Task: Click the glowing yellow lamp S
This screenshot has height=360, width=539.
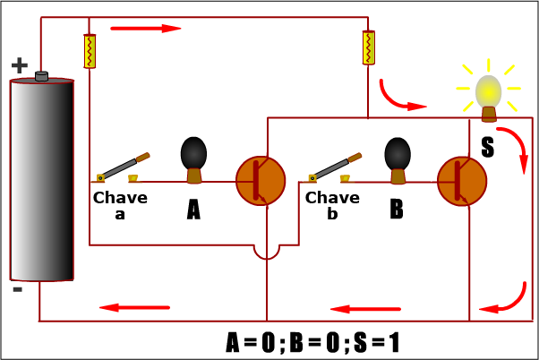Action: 488,92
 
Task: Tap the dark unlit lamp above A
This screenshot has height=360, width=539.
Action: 194,156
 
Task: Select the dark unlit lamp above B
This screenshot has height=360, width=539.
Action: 398,156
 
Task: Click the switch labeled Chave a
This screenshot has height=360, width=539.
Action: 124,167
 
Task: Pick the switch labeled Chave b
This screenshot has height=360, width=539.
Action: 336,167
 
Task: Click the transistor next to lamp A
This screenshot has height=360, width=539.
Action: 261,179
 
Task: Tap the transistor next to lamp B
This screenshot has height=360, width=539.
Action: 462,179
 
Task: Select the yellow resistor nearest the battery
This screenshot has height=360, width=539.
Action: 90,51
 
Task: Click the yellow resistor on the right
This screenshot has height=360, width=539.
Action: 368,47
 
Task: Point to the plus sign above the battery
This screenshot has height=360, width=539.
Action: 20,65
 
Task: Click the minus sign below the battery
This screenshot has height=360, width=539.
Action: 18,290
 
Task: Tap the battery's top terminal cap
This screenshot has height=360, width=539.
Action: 41,77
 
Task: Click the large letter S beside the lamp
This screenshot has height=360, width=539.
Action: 488,147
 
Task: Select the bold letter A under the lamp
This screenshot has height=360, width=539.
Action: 193,210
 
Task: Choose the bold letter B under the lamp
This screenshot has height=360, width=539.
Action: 397,210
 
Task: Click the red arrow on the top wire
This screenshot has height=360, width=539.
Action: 158,29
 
